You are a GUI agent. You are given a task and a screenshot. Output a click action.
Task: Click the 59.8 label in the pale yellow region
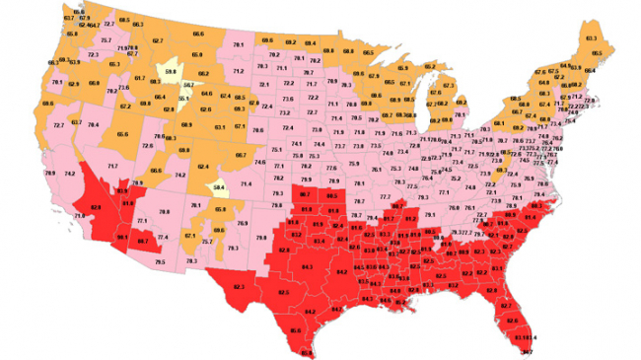click(171, 71)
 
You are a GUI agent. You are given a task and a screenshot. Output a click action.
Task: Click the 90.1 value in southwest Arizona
click(123, 237)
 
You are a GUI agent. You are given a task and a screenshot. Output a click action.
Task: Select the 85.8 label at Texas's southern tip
click(307, 352)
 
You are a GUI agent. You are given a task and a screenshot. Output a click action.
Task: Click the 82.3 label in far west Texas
click(239, 287)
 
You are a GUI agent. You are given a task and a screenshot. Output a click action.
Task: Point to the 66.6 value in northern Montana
click(197, 35)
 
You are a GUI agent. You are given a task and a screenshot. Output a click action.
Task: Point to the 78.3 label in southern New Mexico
click(191, 260)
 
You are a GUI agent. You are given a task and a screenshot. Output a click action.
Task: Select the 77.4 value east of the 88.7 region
click(163, 238)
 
